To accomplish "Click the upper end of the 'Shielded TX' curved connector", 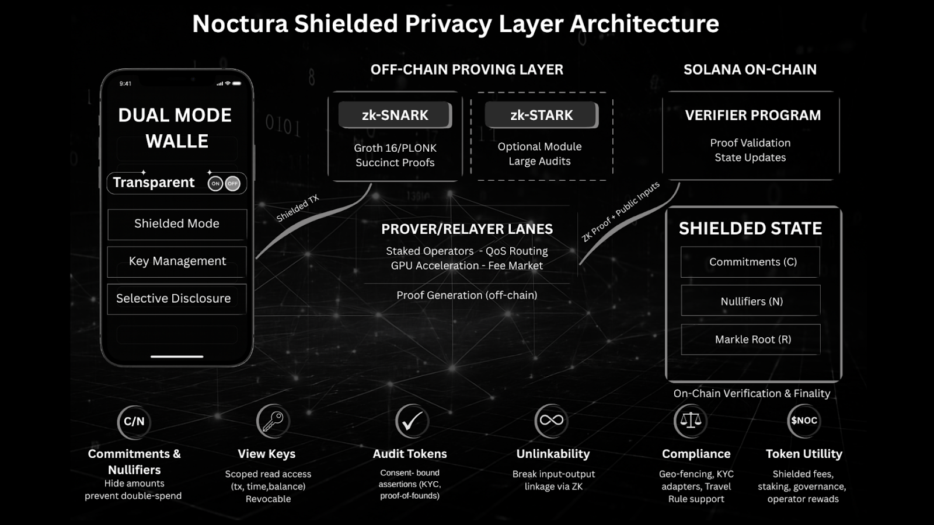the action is [x=371, y=184].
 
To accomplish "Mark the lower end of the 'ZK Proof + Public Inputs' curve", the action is [x=580, y=264].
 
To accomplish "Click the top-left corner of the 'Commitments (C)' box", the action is [x=681, y=247].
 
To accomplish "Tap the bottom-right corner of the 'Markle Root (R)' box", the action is [x=821, y=355].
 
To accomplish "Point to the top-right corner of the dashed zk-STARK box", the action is [x=613, y=93].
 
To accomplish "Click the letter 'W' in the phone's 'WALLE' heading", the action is [x=154, y=141].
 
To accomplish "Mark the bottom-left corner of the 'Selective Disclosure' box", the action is [x=107, y=314].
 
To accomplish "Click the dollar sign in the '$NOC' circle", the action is [x=794, y=421].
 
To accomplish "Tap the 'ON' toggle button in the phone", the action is [x=215, y=183].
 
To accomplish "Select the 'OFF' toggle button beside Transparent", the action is [x=233, y=183].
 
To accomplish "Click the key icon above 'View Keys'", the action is [x=273, y=421].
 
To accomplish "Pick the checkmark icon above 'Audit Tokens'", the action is [x=412, y=421].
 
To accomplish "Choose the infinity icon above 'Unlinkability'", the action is [x=551, y=421].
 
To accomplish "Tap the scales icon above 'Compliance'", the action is [x=691, y=421].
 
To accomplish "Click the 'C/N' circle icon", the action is [x=134, y=422].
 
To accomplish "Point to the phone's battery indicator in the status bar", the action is [x=237, y=83].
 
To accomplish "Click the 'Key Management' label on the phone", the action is [x=177, y=261].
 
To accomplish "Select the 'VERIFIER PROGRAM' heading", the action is [x=752, y=115].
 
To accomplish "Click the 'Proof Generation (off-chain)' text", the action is [x=466, y=295].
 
